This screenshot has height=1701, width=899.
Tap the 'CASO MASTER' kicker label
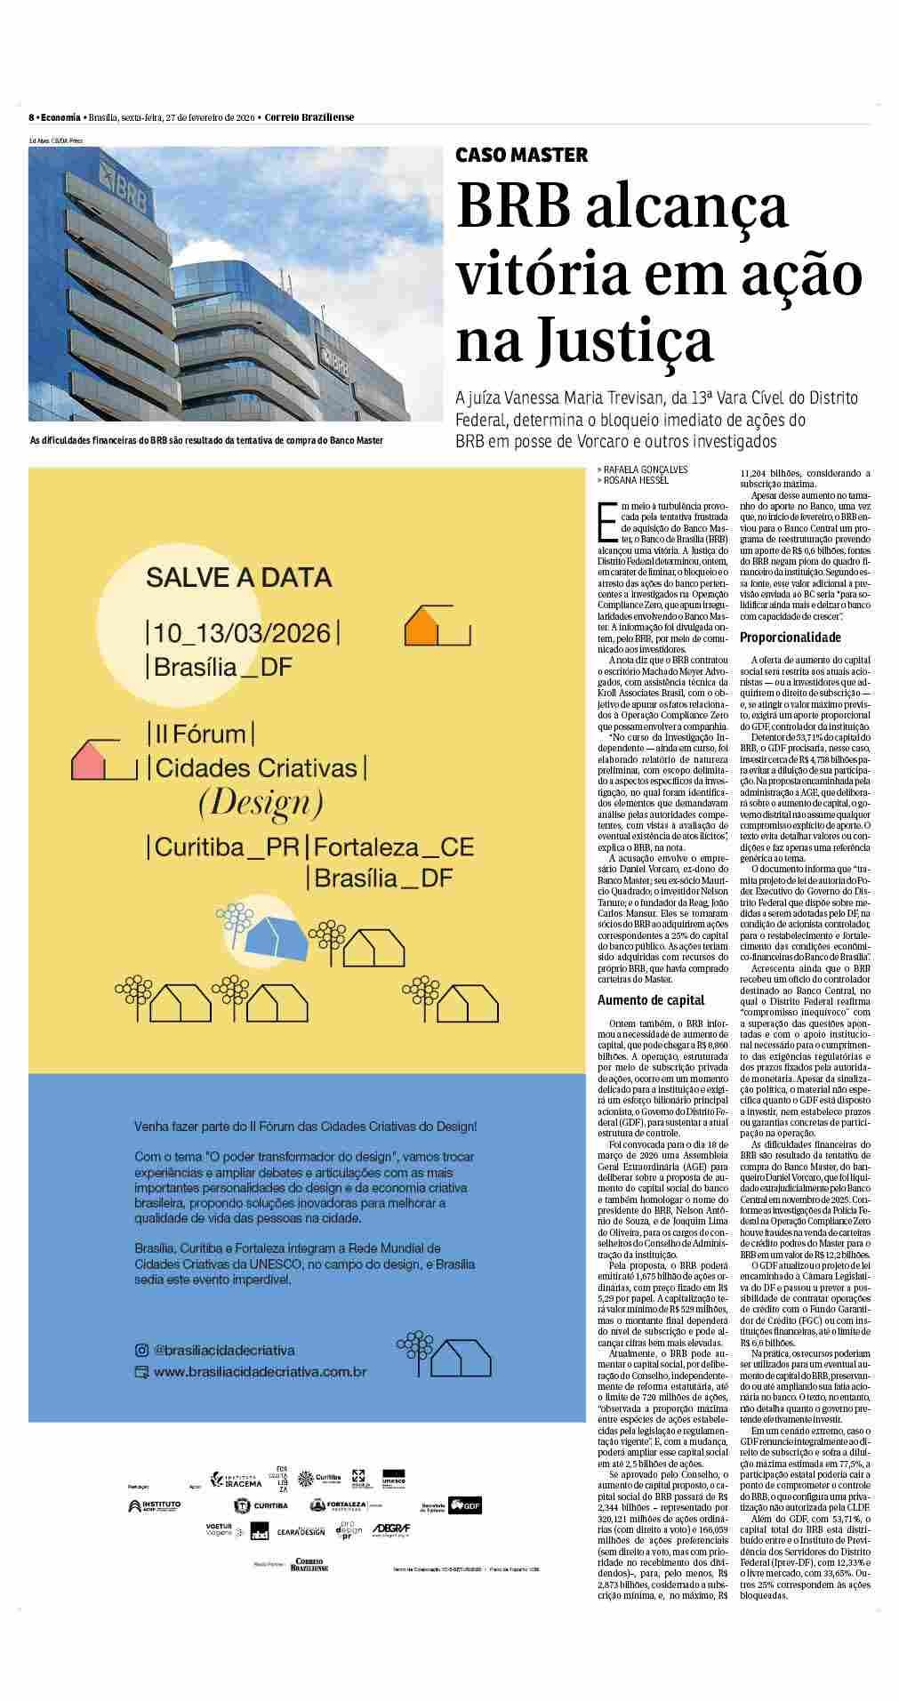521,155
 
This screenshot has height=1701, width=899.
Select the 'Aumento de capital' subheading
650,999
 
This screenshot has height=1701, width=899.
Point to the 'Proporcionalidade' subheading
790,638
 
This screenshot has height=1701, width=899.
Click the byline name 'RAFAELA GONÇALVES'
646,469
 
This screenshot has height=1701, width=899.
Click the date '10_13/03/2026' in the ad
241,633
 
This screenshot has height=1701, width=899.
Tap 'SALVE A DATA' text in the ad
238,578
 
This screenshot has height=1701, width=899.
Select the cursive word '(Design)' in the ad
260,804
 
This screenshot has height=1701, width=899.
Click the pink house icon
92,758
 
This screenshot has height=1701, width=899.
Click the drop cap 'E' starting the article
608,521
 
